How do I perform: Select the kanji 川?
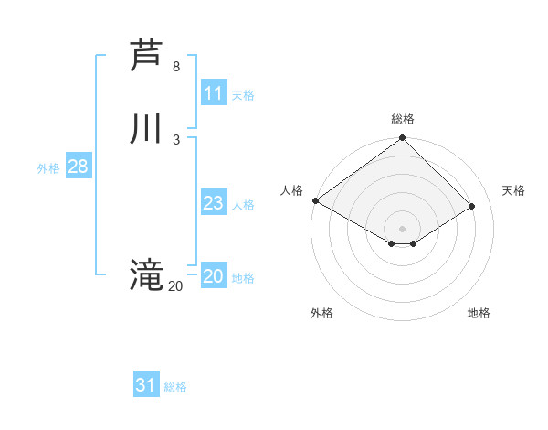pos(146,128)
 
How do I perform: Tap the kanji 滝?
pos(146,274)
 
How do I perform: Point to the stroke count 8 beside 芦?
pos(176,67)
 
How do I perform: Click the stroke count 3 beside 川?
pos(176,139)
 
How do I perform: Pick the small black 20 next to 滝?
pos(175,286)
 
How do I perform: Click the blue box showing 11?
pos(214,93)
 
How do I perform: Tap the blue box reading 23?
pos(214,203)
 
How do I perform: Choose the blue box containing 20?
pos(214,276)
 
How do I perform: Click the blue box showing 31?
pos(146,385)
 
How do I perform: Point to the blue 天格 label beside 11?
pos(243,95)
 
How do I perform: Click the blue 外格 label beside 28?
pos(48,168)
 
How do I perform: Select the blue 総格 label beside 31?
pos(175,387)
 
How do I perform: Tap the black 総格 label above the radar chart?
pos(403,119)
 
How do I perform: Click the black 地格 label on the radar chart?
pos(479,313)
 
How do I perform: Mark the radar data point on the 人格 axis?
pos(315,200)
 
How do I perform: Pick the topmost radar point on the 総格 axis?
pos(403,139)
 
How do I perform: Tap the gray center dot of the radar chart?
pos(403,228)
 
